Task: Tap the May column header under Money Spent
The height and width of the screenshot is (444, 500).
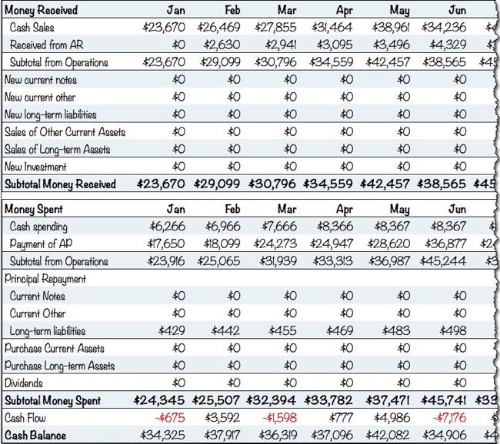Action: pos(399,209)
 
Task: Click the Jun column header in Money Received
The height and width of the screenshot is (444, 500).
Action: pos(456,10)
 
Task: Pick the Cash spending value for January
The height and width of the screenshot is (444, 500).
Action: pos(164,227)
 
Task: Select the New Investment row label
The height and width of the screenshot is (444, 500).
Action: pos(35,167)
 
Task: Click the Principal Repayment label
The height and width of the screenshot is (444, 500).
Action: pos(45,279)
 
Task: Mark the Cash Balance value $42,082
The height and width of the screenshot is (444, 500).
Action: pos(389,436)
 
